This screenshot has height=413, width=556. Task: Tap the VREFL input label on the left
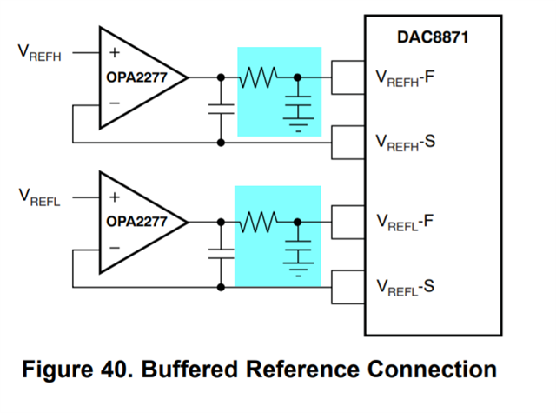click(x=38, y=196)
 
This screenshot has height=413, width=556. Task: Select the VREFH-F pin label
click(x=404, y=77)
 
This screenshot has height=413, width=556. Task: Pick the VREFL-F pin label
click(x=404, y=221)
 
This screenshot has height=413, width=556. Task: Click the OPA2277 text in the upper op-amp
click(x=136, y=77)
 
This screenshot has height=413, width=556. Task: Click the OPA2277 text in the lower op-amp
click(x=136, y=221)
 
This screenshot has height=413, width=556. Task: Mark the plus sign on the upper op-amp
click(x=114, y=52)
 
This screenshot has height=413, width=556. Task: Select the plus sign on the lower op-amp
click(x=114, y=196)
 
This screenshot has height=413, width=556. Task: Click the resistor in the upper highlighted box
click(x=259, y=77)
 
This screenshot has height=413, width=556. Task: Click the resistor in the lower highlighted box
click(x=259, y=221)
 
